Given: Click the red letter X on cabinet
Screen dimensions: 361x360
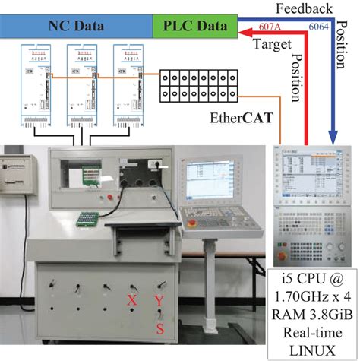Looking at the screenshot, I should tap(131, 302).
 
